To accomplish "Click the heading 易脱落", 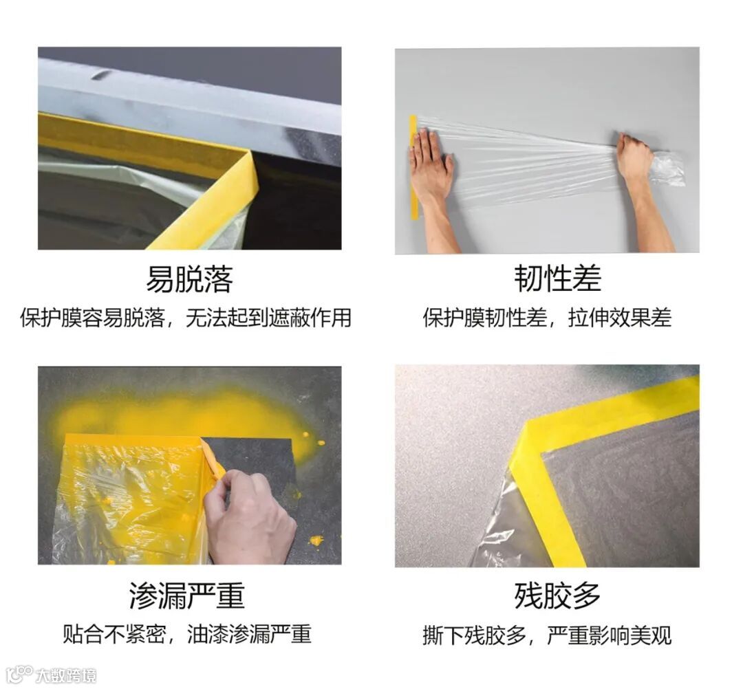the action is click(x=189, y=279).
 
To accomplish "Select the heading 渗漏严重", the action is click(x=186, y=595).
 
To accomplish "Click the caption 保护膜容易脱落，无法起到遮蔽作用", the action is click(x=185, y=317).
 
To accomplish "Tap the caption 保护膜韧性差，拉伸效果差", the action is click(x=547, y=317).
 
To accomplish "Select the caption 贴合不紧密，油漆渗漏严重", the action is click(x=186, y=634).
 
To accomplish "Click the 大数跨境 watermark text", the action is click(x=65, y=675).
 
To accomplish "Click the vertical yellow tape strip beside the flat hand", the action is click(x=413, y=166).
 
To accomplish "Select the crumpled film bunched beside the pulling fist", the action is click(x=669, y=168).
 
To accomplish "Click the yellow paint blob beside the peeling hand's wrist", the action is click(x=315, y=540).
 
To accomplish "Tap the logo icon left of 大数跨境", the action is click(x=19, y=675).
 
